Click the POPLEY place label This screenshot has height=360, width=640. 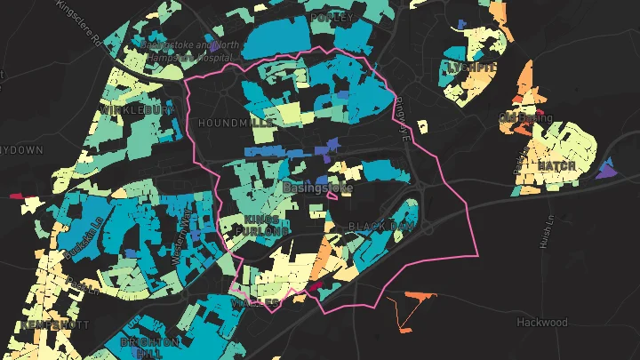332,17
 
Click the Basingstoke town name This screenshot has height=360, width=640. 317,189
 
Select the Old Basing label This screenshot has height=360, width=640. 525,117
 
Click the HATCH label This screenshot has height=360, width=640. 556,166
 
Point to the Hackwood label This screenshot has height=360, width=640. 540,322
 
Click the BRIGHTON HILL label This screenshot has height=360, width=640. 150,348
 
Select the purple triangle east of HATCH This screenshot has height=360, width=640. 607,170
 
